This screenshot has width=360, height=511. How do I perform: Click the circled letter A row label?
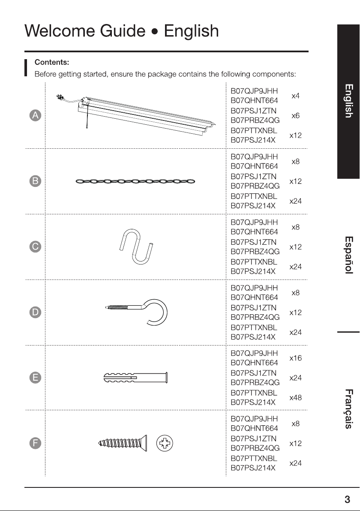coord(35,115)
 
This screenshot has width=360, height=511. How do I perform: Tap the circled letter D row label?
coord(35,312)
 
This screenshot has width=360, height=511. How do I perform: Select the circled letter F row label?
coord(35,443)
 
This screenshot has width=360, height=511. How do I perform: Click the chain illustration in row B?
coord(135,181)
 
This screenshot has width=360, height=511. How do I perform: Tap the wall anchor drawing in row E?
coord(135,378)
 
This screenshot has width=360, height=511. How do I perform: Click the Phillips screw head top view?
coord(165,443)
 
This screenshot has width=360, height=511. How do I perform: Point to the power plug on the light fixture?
coord(59,97)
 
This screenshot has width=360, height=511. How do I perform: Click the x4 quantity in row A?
coord(295,96)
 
